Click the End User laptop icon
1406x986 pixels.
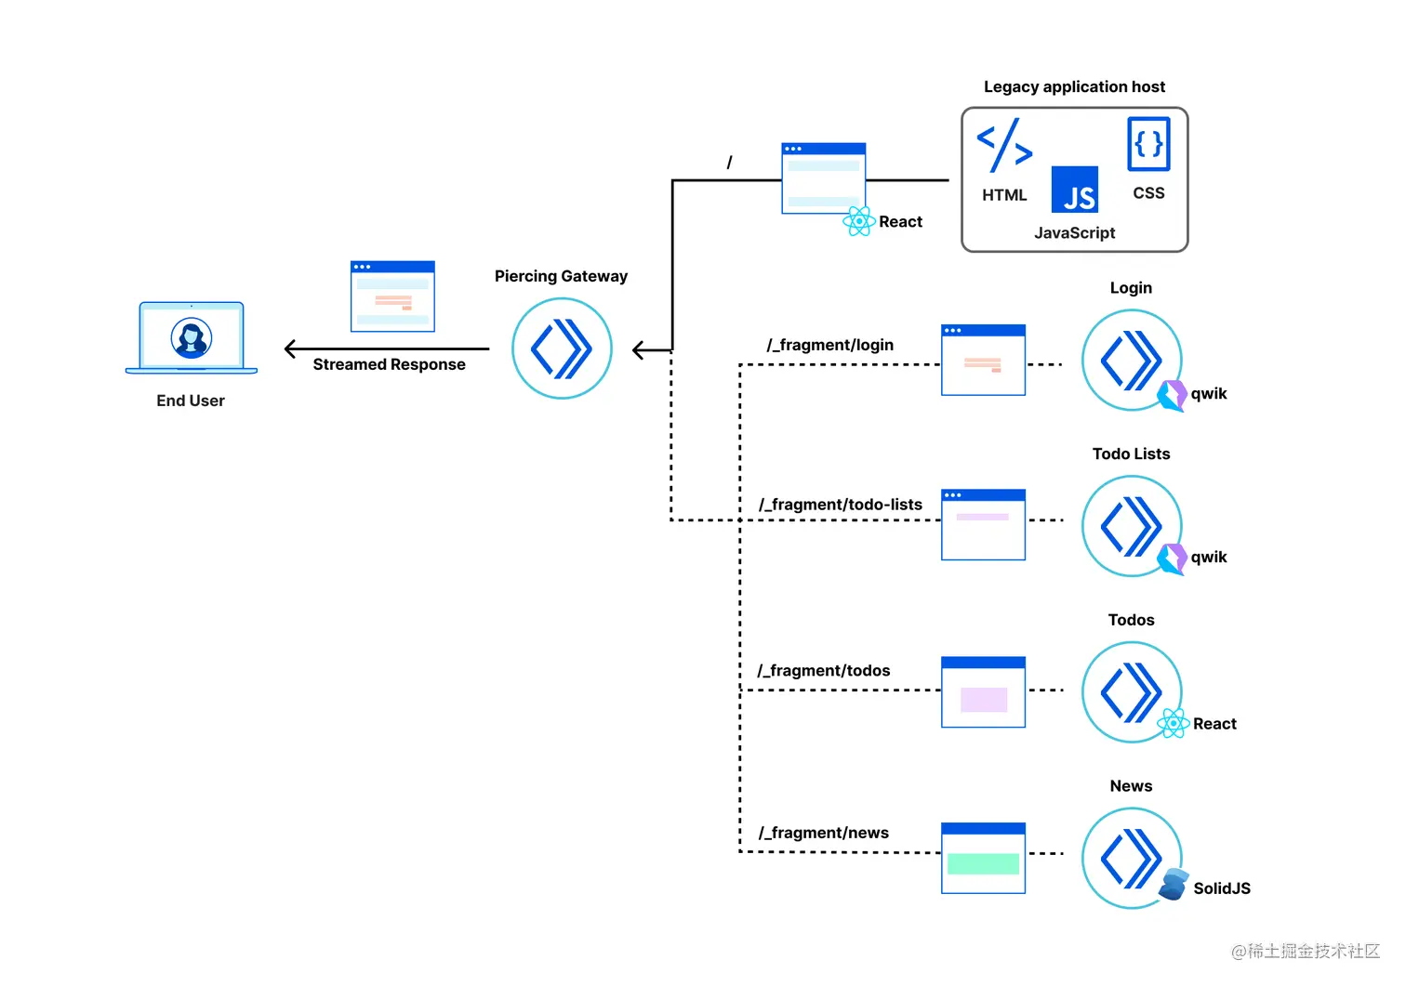[x=192, y=338]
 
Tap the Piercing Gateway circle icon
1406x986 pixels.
[x=562, y=348]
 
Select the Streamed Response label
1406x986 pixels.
[x=389, y=364]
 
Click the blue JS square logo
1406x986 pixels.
[x=1075, y=190]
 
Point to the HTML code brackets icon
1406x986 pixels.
[x=1004, y=146]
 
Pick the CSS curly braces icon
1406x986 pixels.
[x=1148, y=144]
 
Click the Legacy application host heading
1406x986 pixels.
[x=1074, y=86]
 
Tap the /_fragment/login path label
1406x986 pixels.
[x=829, y=345]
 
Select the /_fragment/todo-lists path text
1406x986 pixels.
[x=841, y=505]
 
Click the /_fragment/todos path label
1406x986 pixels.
[x=824, y=671]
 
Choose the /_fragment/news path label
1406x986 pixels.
[x=824, y=833]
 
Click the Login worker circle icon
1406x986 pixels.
[x=1132, y=360]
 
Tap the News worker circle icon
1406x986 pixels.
[x=1132, y=858]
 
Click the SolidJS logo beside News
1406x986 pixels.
[x=1174, y=885]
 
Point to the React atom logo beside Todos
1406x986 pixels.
[x=1174, y=723]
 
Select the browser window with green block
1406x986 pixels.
[x=983, y=858]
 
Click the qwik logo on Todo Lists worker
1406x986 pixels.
[x=1172, y=559]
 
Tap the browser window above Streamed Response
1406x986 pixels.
[x=392, y=296]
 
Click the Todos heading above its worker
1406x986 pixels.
[x=1131, y=620]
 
